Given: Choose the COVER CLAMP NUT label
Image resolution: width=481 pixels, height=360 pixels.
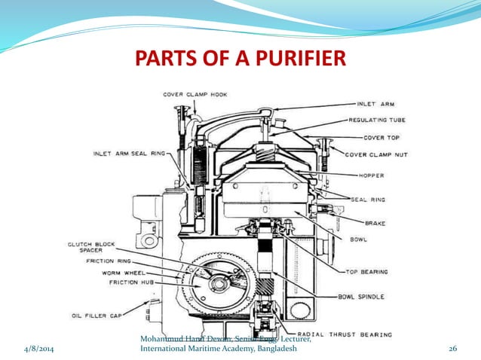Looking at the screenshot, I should [x=376, y=154].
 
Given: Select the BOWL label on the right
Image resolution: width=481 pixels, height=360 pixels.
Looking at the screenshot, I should [x=358, y=239].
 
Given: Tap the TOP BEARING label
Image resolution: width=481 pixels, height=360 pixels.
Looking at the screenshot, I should [x=367, y=271].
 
